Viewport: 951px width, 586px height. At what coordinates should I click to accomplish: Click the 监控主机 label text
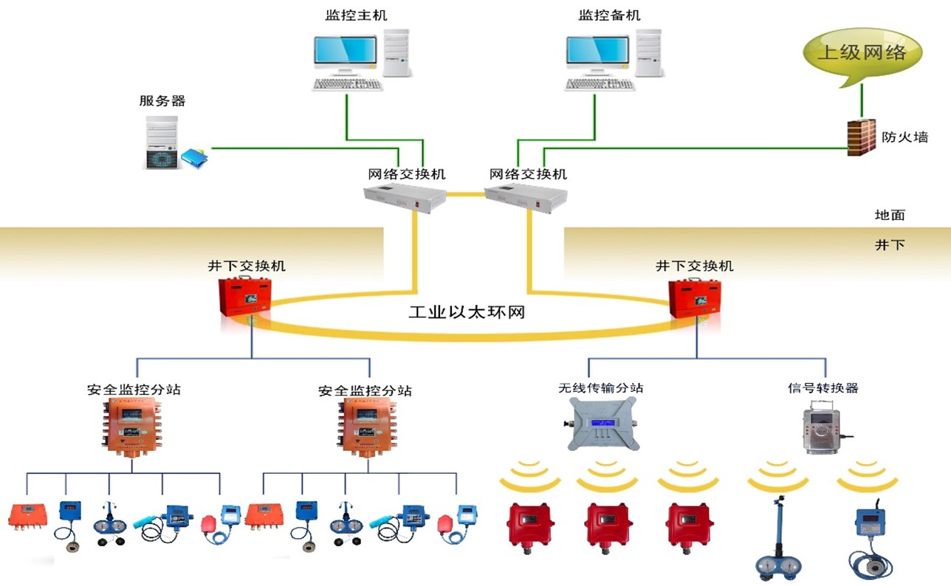point(356,15)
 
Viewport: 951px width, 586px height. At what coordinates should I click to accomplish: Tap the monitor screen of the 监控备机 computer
point(597,50)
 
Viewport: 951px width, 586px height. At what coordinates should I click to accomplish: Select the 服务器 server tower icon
point(161,142)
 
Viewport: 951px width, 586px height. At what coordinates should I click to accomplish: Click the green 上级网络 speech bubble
point(862,53)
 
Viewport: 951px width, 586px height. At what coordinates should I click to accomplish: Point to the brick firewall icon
point(861,137)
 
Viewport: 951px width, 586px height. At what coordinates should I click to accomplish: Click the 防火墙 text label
point(904,137)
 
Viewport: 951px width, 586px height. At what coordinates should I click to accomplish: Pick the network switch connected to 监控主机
point(405,199)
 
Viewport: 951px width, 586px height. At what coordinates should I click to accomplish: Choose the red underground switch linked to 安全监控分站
point(246,297)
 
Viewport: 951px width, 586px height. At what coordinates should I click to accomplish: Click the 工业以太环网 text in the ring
point(466,312)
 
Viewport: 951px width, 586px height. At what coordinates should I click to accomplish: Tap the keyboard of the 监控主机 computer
point(348,84)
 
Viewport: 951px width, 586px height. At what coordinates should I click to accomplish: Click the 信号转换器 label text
point(823,387)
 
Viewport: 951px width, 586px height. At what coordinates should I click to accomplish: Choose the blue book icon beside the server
point(194,156)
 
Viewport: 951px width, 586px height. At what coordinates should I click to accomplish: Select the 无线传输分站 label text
point(595,387)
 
